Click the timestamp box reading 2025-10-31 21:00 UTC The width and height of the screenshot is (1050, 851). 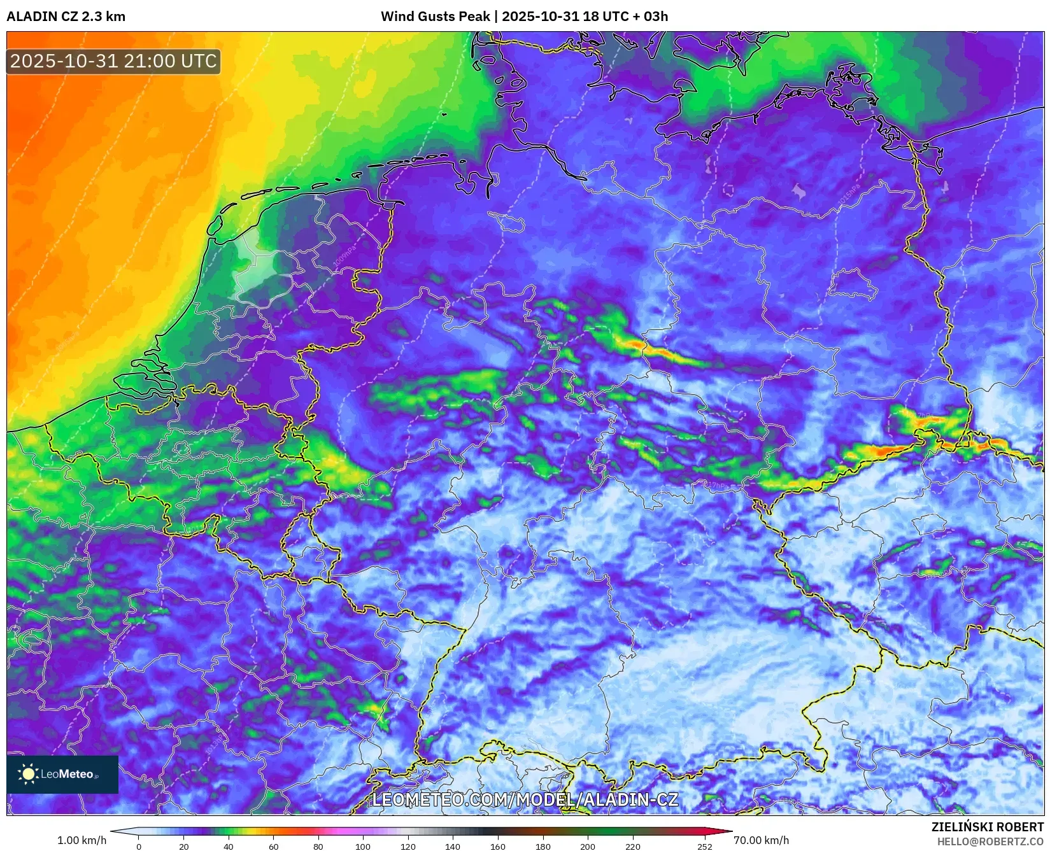pyautogui.click(x=113, y=61)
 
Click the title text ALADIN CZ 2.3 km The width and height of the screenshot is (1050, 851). pyautogui.click(x=66, y=17)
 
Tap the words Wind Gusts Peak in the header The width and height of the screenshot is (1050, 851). pyautogui.click(x=435, y=17)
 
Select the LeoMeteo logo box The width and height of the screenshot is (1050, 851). pyautogui.click(x=62, y=774)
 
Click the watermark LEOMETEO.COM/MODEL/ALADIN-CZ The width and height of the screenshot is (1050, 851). pyautogui.click(x=525, y=799)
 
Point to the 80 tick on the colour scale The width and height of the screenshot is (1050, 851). pyautogui.click(x=318, y=847)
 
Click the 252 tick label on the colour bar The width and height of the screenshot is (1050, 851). pyautogui.click(x=704, y=847)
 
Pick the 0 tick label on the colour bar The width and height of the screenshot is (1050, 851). pyautogui.click(x=139, y=847)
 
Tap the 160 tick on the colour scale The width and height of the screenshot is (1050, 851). pyautogui.click(x=497, y=847)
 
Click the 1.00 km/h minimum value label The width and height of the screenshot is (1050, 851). pyautogui.click(x=82, y=840)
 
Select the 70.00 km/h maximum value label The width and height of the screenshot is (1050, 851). pyautogui.click(x=761, y=840)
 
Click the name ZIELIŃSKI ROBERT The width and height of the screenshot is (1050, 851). pyautogui.click(x=987, y=827)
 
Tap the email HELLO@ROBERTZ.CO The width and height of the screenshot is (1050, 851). pyautogui.click(x=990, y=841)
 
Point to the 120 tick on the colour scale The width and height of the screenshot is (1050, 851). pyautogui.click(x=408, y=847)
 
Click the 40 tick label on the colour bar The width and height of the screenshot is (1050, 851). pyautogui.click(x=229, y=847)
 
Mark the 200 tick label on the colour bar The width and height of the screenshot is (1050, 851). pyautogui.click(x=587, y=847)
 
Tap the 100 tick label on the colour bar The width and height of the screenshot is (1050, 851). pyautogui.click(x=363, y=847)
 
